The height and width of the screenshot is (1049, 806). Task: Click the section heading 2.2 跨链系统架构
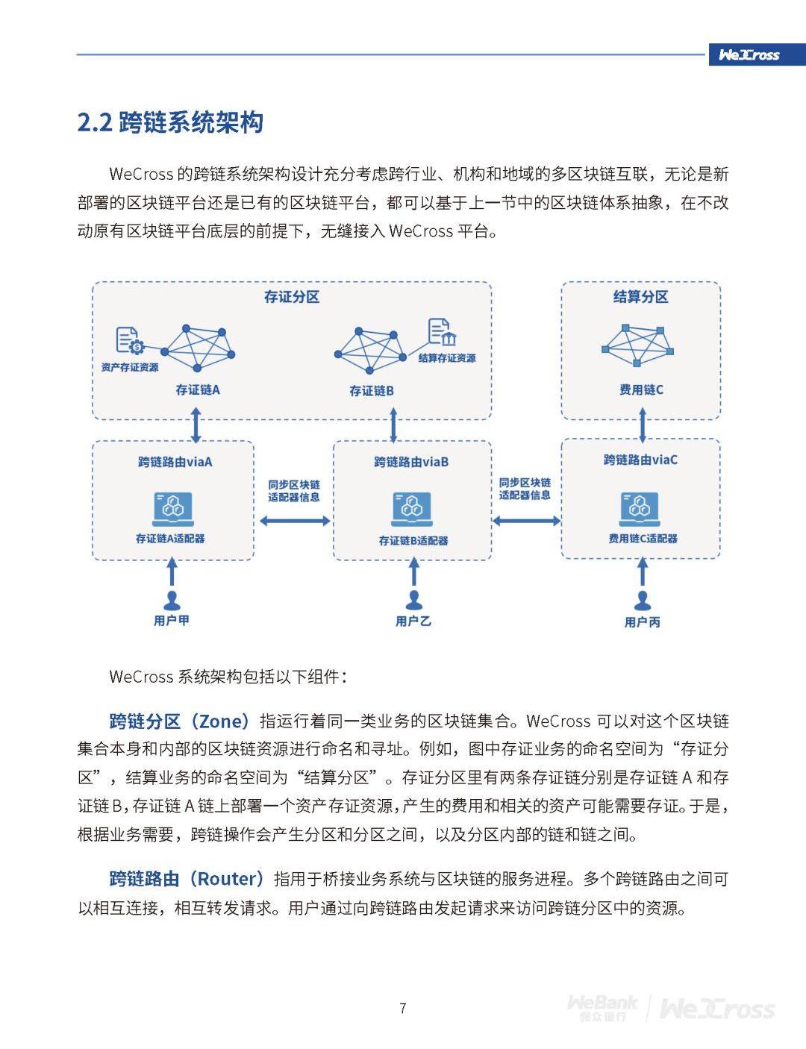[170, 122]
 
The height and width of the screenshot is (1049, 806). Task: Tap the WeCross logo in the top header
[749, 54]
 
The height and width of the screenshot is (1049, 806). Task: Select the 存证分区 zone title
[292, 297]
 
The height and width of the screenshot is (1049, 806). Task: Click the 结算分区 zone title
[640, 297]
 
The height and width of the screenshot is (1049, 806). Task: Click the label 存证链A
[198, 389]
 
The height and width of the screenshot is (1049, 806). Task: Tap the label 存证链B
[372, 390]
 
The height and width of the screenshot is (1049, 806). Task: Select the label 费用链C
[641, 389]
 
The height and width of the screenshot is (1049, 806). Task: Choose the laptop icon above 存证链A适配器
[172, 509]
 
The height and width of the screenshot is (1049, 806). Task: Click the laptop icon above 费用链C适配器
[640, 509]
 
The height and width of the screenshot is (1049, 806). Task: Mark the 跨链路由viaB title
[411, 462]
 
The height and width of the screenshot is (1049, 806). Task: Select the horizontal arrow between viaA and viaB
[293, 521]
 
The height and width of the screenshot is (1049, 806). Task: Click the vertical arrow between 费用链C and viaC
[643, 429]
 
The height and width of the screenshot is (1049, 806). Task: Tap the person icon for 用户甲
[172, 599]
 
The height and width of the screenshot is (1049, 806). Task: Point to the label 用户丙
[642, 621]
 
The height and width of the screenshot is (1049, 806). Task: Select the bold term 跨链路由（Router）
[187, 879]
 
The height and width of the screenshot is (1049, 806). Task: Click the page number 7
[403, 1009]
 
